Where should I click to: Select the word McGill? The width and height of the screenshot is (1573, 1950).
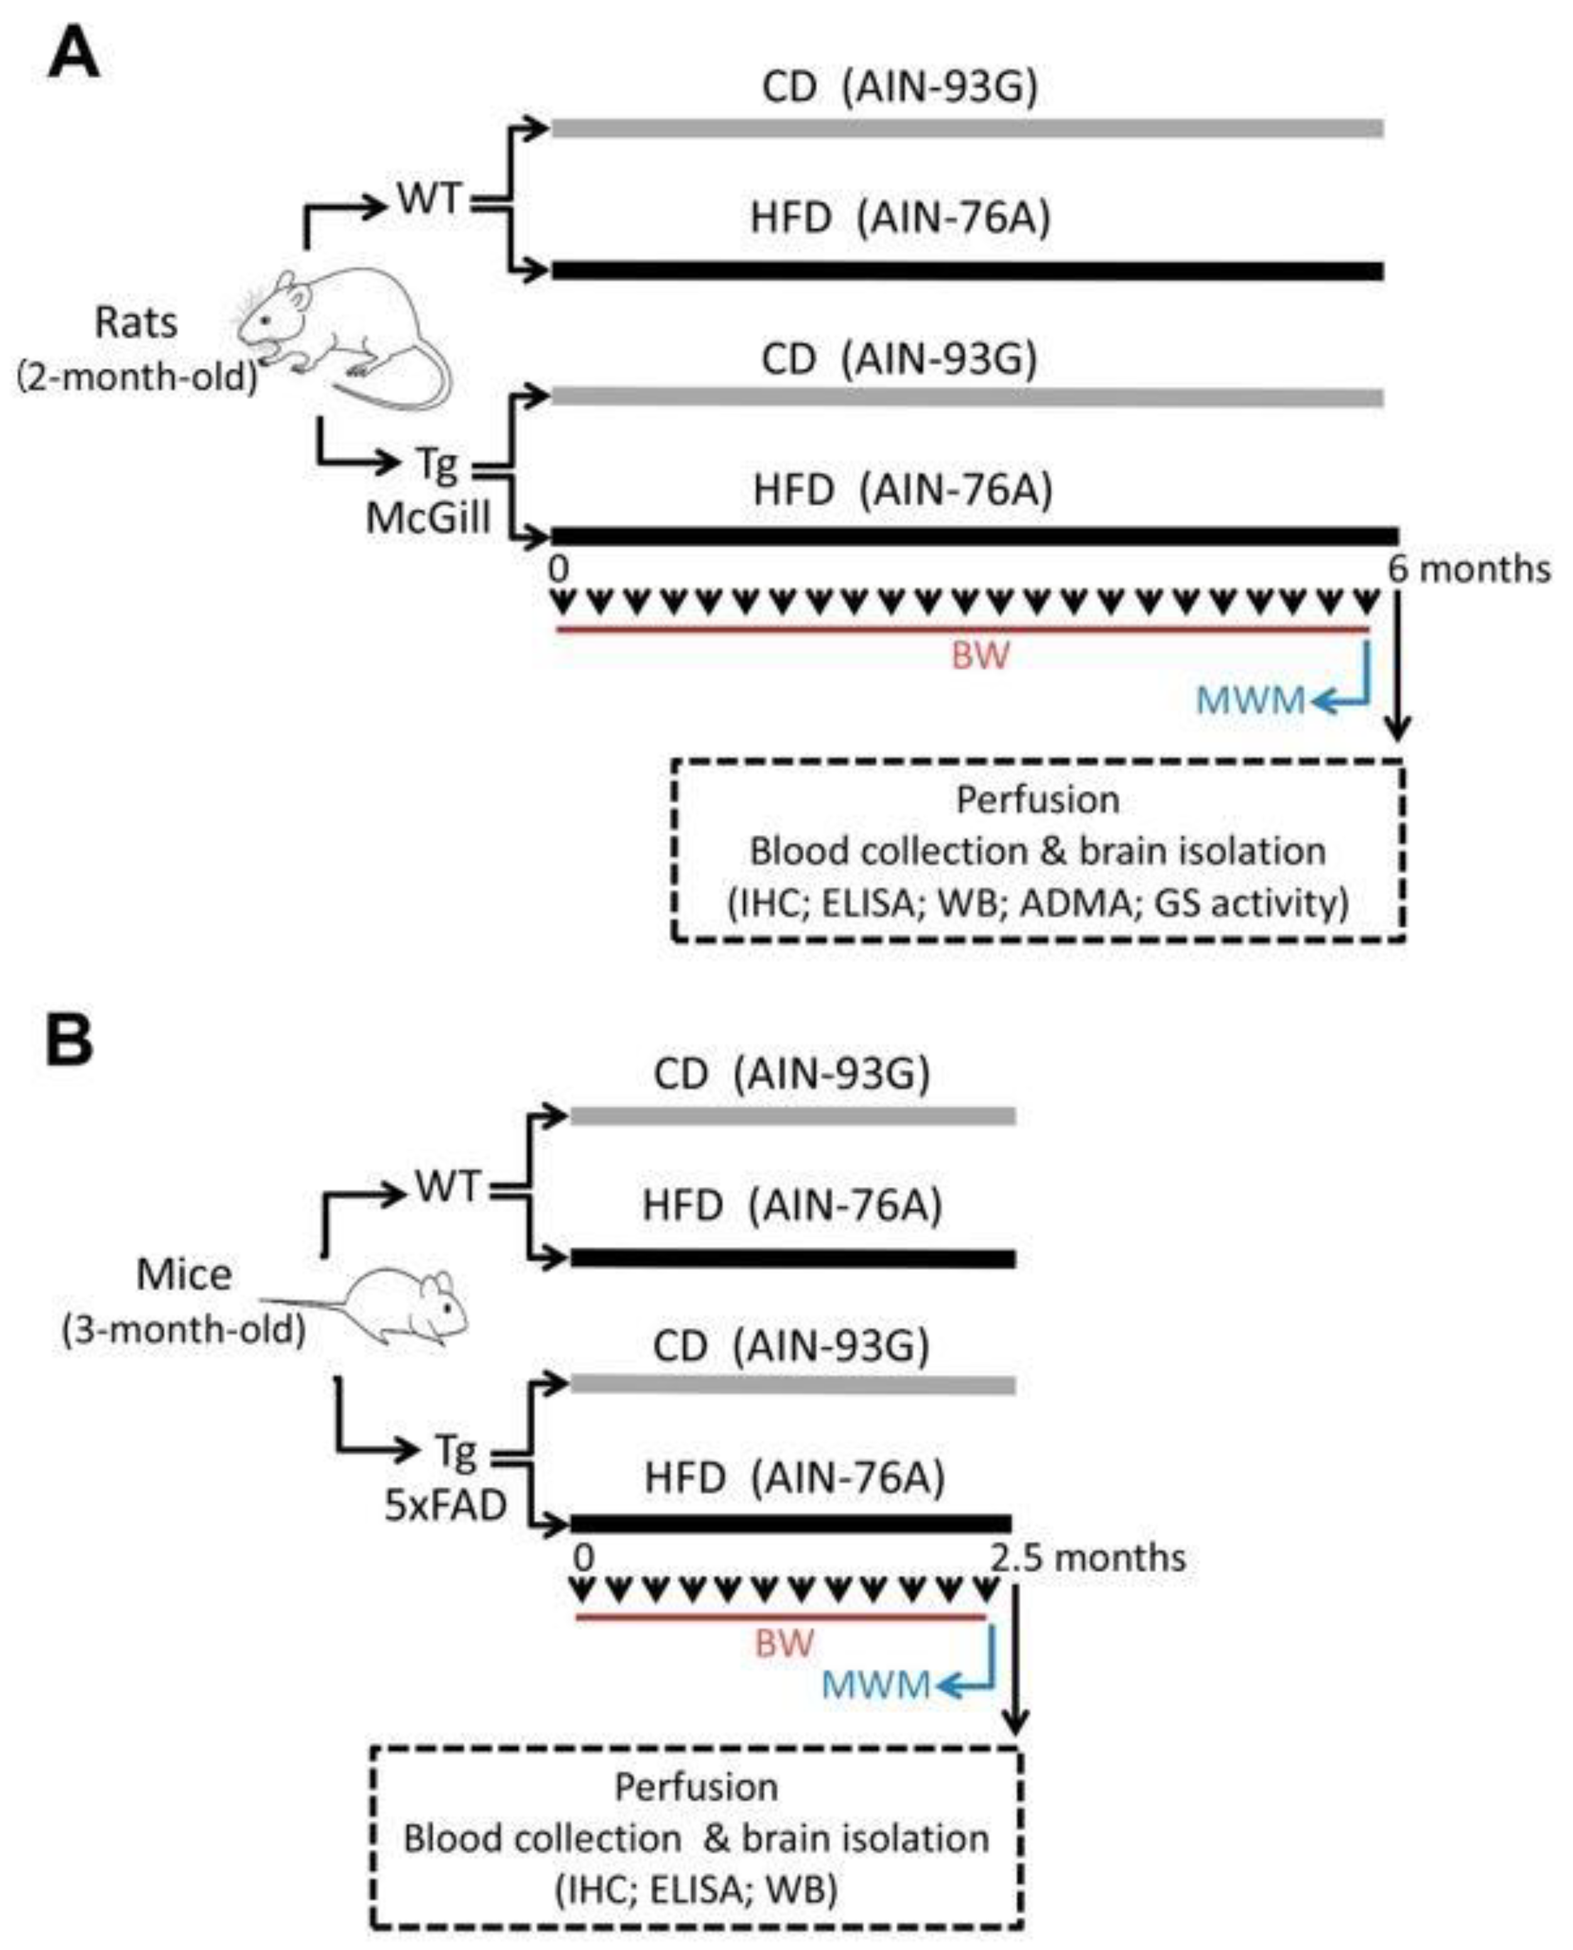coord(428,518)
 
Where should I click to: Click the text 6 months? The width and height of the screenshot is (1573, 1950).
coord(1469,570)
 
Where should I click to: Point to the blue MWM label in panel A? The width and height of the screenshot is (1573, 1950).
coord(1251,701)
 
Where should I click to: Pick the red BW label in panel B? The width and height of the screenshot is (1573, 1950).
coord(785,1643)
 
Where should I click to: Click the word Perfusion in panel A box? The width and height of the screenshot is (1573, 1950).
coord(1038,800)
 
